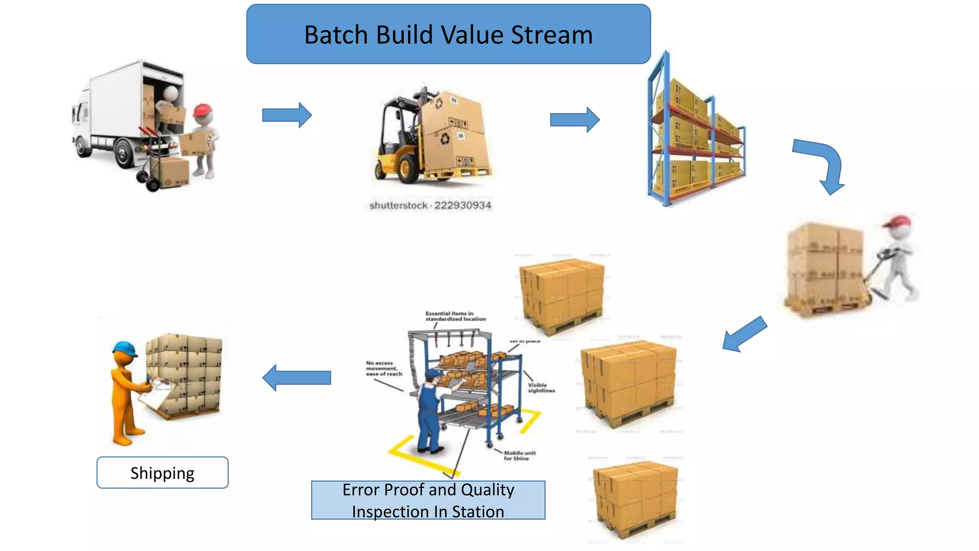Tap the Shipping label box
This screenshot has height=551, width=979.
click(163, 473)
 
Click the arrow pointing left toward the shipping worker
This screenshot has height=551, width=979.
click(296, 377)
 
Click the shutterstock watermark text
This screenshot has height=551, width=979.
click(430, 205)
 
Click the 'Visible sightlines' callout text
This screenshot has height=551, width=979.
click(541, 388)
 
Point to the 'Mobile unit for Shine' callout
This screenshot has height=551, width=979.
click(519, 455)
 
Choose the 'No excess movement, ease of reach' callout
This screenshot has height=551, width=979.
click(384, 369)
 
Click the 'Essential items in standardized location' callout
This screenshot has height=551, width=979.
click(455, 316)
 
